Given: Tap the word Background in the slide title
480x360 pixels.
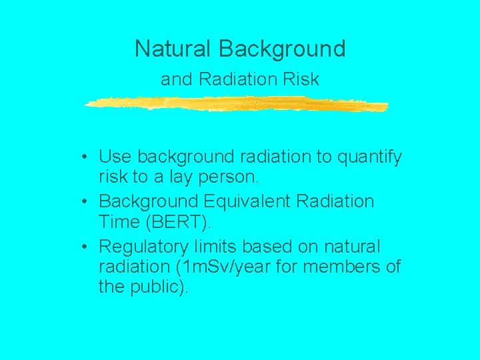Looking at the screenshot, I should coord(282,49).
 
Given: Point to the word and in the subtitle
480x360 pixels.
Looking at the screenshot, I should coord(176,79).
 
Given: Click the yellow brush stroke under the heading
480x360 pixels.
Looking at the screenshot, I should coord(237,104).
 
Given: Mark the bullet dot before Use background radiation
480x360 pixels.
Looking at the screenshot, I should coord(87,158).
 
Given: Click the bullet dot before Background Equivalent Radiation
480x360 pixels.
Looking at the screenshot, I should coord(87,202).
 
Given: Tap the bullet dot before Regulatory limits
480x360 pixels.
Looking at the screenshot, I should coord(87,247).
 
